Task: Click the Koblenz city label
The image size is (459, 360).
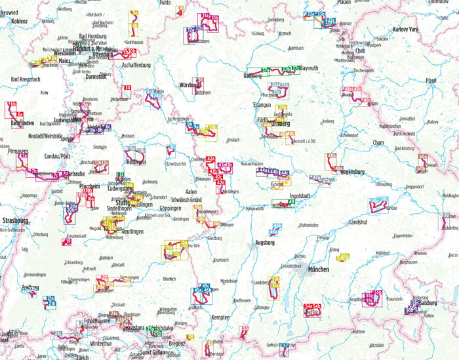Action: [x=14, y=20]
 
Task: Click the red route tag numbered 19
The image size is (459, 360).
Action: [x=69, y=241]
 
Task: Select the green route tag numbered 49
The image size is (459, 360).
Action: [x=291, y=202]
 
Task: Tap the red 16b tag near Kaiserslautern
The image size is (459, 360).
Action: [x=12, y=104]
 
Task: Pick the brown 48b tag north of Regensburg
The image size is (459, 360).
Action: [x=331, y=156]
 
